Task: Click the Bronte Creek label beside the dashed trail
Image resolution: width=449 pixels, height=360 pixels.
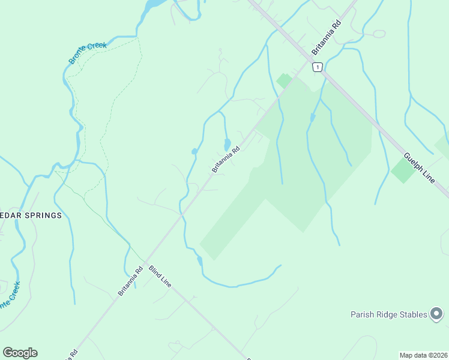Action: tap(88, 53)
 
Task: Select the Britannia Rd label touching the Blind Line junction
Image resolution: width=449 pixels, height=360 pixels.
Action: tap(130, 281)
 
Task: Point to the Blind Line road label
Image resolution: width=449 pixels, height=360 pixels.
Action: tap(160, 275)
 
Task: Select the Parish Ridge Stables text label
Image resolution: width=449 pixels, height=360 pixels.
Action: tap(389, 314)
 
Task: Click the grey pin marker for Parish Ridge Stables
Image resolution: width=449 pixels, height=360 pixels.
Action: tap(437, 314)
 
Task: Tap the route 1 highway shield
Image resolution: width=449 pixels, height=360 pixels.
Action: tap(318, 67)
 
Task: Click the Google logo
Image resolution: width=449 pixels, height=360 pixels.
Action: tap(20, 353)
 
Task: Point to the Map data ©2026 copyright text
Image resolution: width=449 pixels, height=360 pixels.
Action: tap(423, 355)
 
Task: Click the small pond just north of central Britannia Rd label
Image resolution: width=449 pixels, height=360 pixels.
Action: tap(227, 145)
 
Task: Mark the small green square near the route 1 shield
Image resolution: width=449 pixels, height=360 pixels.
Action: tap(284, 80)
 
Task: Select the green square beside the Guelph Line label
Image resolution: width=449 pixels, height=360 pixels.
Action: tap(403, 170)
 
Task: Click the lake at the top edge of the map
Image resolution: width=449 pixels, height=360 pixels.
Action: tap(154, 5)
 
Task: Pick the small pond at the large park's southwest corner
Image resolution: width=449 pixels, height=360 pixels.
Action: tap(199, 260)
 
